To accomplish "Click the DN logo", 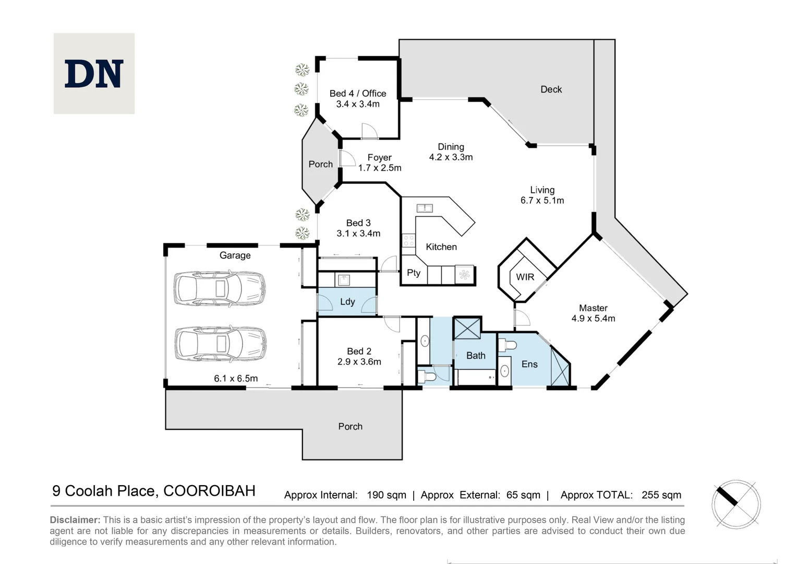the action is [94, 74].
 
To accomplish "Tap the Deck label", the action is [551, 89].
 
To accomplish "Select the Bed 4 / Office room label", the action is [358, 93].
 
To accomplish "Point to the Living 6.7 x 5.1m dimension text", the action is [542, 200].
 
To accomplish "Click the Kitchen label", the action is [441, 247].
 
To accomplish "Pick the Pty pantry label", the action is [414, 273].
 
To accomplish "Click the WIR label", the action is [525, 277].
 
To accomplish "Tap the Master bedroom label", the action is [593, 308].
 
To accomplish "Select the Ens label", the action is [529, 364].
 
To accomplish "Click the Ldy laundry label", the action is [347, 302].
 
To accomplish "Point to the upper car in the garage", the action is [220, 288].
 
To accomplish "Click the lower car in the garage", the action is [220, 344].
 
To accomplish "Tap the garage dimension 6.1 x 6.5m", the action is [236, 379].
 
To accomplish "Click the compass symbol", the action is [736, 504].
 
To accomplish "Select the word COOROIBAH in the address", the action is [209, 490].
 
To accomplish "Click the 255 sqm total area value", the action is [661, 495].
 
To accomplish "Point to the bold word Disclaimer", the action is [75, 520].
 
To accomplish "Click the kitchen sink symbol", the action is [425, 208].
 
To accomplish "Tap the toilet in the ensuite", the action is [507, 345].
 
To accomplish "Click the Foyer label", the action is [379, 158].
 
